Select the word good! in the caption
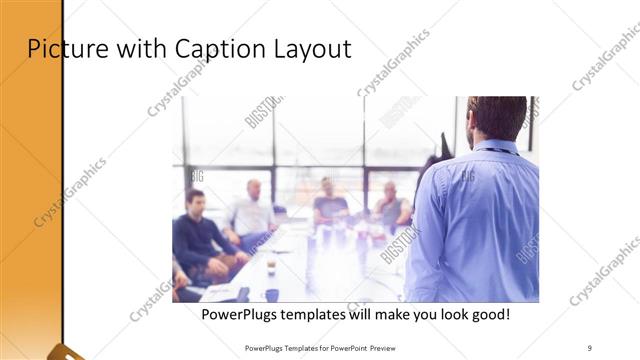click(488, 315)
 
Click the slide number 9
click(590, 347)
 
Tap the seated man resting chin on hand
click(390, 205)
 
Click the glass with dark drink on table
click(270, 265)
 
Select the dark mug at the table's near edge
click(271, 294)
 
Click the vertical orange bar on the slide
click(30, 180)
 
